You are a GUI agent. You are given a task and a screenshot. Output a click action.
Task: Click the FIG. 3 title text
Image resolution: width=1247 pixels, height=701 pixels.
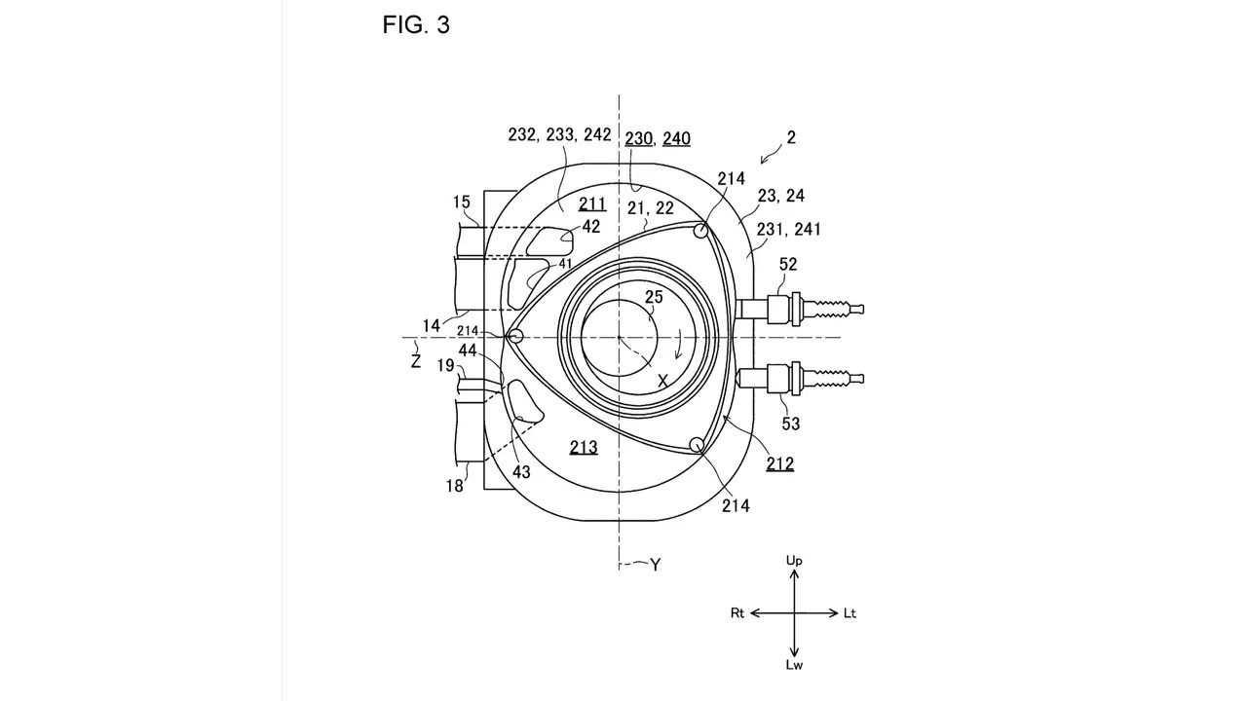(416, 25)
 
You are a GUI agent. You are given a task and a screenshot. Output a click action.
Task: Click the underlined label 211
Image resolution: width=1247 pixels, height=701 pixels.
(592, 204)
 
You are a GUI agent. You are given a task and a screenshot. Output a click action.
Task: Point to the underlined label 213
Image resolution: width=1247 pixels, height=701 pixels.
(584, 447)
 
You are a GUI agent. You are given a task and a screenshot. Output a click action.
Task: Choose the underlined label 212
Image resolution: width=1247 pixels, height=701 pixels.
(780, 464)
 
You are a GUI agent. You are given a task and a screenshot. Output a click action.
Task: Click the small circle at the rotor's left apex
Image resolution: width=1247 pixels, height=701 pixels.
(516, 336)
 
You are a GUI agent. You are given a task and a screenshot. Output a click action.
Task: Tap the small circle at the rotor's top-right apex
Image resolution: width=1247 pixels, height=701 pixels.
(700, 231)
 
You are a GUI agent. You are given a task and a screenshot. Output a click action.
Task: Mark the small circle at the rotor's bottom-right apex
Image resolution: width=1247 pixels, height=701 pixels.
(697, 445)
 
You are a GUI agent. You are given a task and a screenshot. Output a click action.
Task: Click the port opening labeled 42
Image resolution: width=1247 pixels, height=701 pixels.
(549, 240)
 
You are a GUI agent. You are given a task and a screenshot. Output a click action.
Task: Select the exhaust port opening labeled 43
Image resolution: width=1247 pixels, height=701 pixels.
(523, 402)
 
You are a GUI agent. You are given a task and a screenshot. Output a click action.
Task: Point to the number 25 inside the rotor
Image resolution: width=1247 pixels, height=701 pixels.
(654, 297)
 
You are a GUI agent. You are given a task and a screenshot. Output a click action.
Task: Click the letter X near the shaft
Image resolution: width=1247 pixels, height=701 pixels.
(662, 381)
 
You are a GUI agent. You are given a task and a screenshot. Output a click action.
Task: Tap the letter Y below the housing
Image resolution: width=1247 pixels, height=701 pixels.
(656, 566)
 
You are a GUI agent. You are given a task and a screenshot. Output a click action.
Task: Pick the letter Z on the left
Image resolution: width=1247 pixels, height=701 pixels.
(415, 361)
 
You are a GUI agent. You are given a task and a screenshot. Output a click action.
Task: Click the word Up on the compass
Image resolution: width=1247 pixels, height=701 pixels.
(794, 561)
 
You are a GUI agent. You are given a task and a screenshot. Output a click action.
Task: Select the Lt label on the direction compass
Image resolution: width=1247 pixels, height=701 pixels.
(850, 613)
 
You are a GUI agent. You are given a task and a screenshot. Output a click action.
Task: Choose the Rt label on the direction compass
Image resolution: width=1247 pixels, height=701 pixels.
(737, 613)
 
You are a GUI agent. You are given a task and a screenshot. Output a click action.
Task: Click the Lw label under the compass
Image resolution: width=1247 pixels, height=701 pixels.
(794, 665)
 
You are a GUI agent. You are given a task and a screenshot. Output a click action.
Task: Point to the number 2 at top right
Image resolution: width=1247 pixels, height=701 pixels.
(791, 137)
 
